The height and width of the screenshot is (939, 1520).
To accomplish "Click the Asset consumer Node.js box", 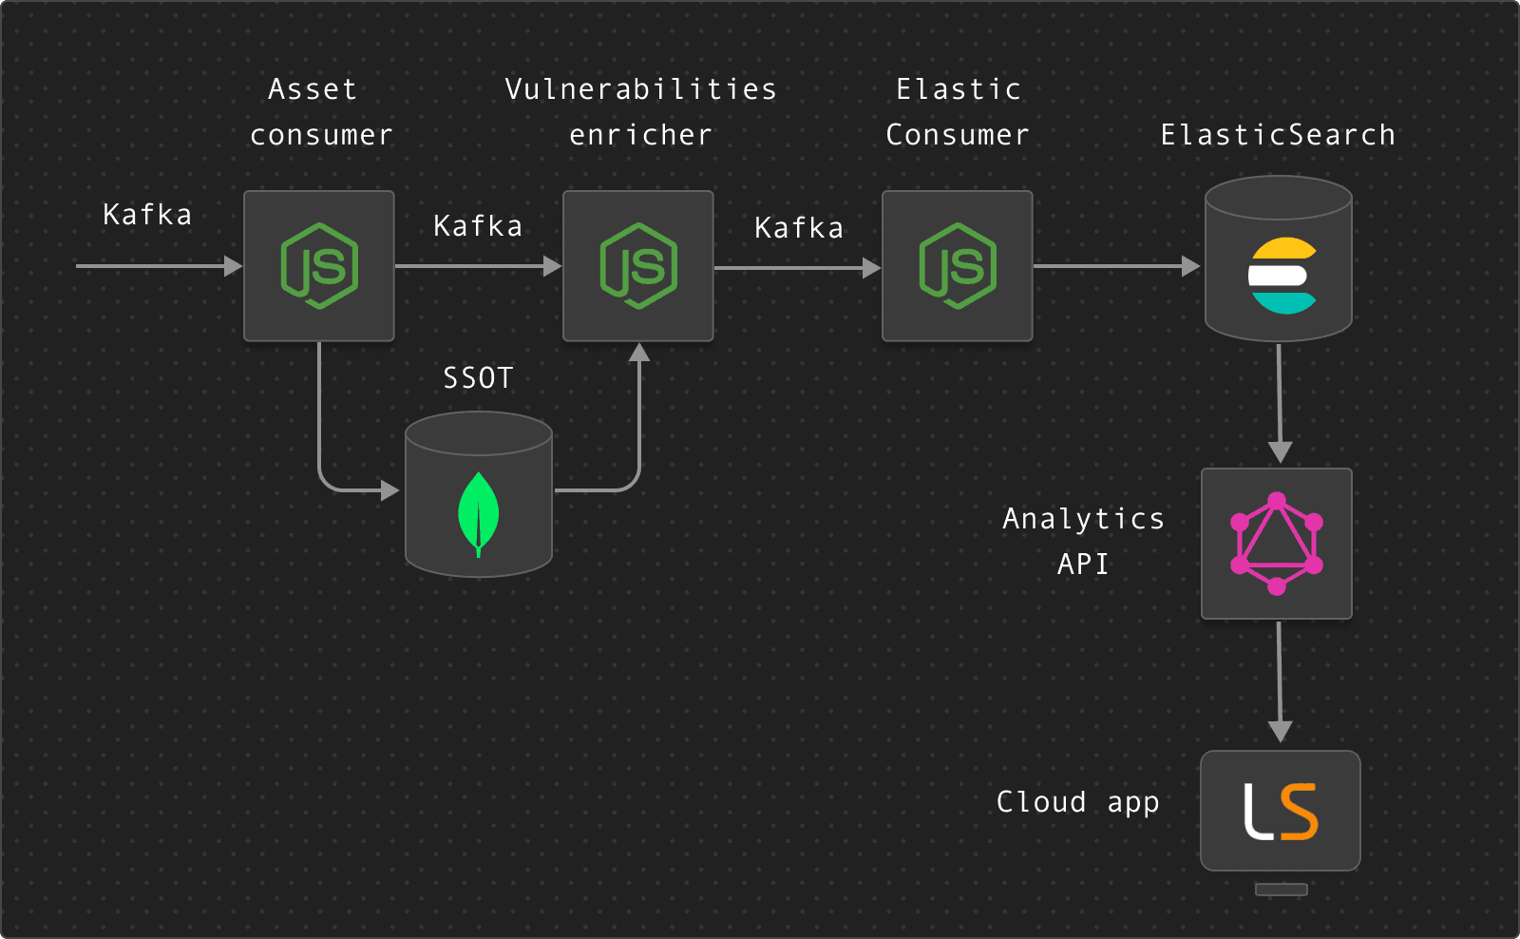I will coord(319,266).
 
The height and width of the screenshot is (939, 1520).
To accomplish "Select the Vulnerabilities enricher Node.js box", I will coord(638,266).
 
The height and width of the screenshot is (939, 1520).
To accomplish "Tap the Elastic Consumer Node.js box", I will coord(958,266).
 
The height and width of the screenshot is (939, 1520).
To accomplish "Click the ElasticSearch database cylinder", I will coord(1279,259).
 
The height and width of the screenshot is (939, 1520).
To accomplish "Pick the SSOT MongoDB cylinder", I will coord(479,494).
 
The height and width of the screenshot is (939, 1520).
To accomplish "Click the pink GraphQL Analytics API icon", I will coord(1277,544).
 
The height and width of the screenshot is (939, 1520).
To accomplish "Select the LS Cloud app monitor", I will coord(1281,812).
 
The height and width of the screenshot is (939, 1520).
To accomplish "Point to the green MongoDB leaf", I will coord(479,513).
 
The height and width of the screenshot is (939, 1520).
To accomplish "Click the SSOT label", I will coord(479,378).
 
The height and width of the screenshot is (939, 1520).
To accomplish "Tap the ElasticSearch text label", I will coord(1279,135).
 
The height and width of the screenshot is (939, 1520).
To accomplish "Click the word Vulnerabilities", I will coord(641,89).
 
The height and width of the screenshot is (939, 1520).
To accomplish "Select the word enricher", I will coord(641,135).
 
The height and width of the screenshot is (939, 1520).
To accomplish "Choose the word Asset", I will coord(313,89).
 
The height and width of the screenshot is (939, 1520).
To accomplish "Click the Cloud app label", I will coord(1078,802).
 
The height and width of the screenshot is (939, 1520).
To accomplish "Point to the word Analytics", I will coord(1084,519).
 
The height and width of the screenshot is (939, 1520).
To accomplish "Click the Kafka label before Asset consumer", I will coord(147,215).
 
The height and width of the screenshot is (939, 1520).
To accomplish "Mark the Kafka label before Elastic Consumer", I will coord(799,228).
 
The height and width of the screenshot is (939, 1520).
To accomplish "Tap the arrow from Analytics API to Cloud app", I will coord(1280,680).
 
